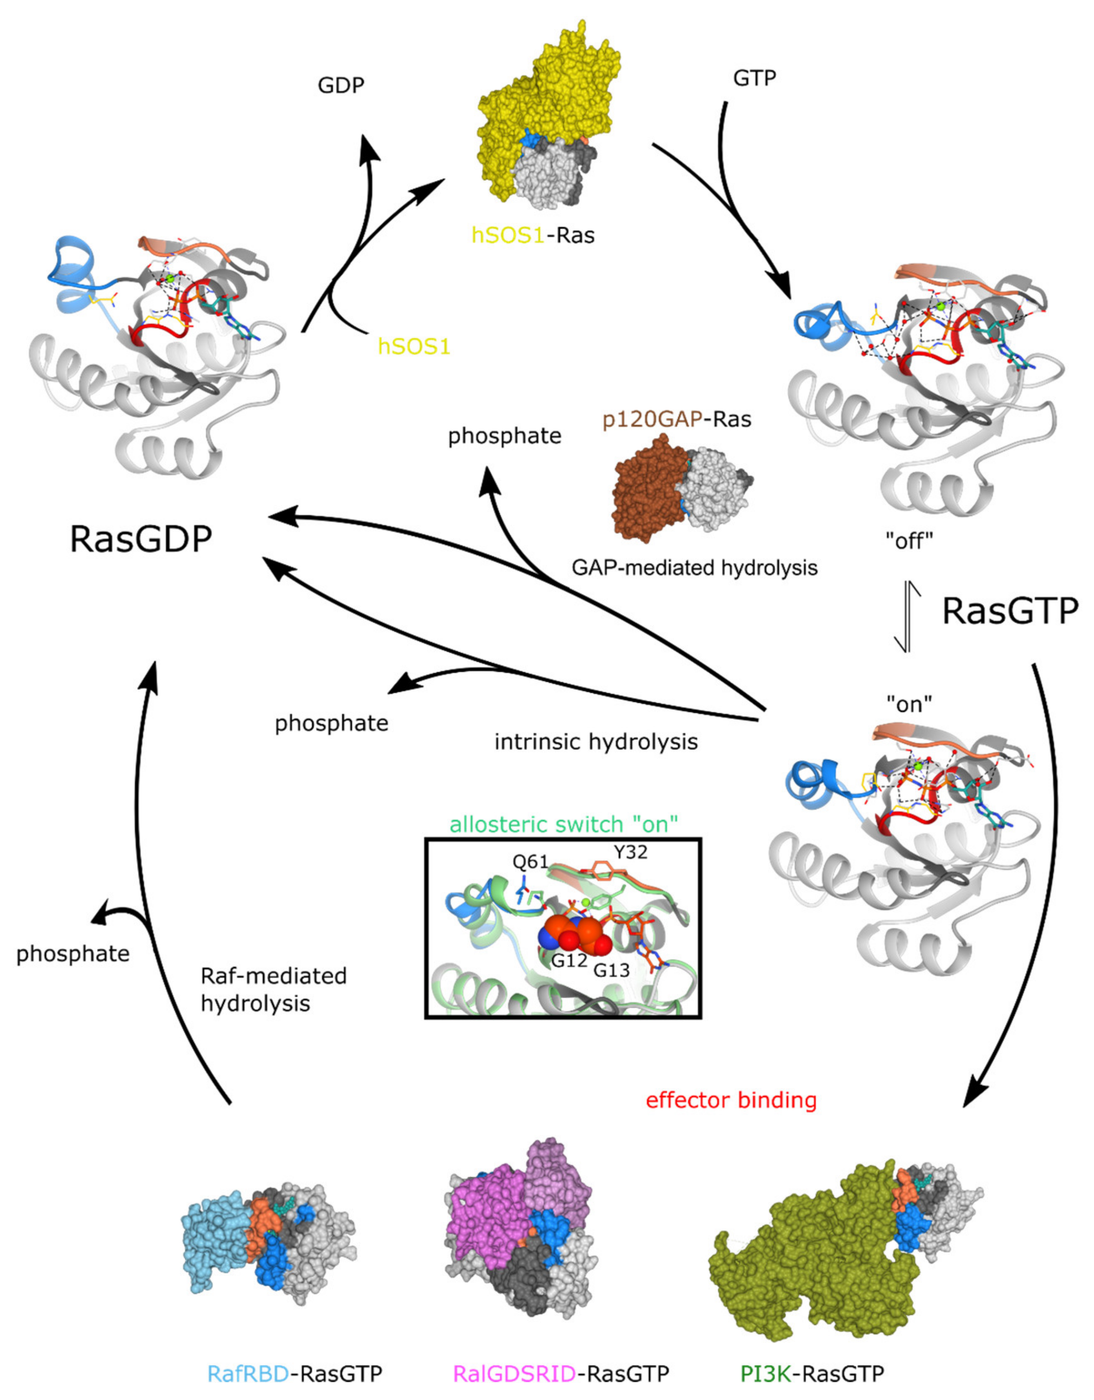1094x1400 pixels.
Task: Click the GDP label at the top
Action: tap(341, 85)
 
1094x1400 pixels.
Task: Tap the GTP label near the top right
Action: tap(754, 78)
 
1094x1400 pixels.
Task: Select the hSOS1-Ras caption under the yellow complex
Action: tap(533, 235)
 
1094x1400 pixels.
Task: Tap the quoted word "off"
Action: tap(909, 541)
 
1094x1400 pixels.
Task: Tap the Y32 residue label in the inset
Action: tap(630, 852)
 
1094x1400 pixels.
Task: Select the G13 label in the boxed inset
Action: tap(612, 970)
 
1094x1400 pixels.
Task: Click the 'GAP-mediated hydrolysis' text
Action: tap(695, 567)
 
